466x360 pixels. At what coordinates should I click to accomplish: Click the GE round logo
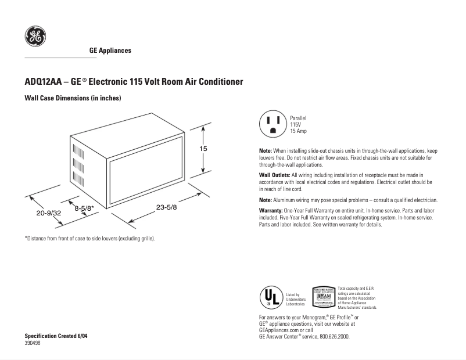coord(34,38)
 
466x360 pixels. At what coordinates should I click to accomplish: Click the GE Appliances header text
coord(110,51)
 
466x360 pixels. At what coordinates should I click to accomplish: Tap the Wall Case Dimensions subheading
coord(73,99)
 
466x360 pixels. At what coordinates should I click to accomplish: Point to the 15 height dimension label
coord(203,149)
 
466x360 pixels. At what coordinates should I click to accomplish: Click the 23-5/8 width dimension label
coord(167,208)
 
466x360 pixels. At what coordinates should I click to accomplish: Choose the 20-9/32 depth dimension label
coord(49,213)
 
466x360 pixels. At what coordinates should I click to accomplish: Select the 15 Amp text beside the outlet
coord(299,131)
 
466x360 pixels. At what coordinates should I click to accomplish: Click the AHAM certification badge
coord(323,297)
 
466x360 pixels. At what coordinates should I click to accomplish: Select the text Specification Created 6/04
coord(56,336)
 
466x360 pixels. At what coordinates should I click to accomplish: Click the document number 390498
coord(33,343)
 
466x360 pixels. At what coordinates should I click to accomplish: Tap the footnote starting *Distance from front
coord(89,238)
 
